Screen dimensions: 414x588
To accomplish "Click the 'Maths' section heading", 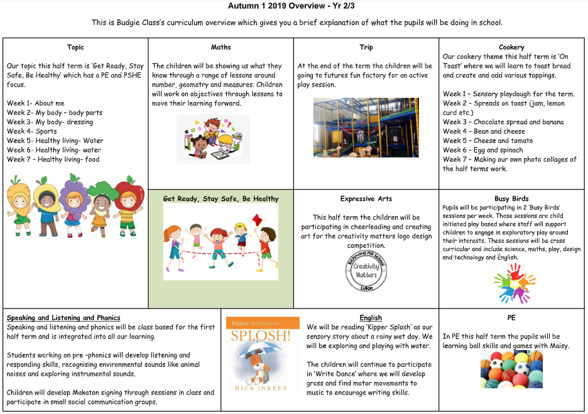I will click(220, 47).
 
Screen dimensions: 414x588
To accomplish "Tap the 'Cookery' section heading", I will click(511, 47).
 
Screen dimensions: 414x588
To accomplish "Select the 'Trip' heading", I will click(366, 47).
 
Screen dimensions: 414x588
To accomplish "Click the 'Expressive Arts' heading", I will click(366, 199).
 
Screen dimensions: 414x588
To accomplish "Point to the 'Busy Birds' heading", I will click(511, 199).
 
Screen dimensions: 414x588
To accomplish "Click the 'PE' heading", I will click(511, 317).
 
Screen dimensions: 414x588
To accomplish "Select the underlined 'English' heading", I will click(371, 317).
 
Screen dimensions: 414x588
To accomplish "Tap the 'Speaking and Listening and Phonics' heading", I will click(63, 317).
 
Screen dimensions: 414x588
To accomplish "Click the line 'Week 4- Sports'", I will click(32, 131).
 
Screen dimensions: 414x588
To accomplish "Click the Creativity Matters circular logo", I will click(366, 270).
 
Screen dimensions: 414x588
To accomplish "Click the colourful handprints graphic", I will click(514, 284).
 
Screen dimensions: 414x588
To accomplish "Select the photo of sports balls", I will click(511, 369).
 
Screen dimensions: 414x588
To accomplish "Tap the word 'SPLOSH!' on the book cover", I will click(263, 336).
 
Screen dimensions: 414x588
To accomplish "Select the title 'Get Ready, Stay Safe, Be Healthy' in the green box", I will click(220, 199).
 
